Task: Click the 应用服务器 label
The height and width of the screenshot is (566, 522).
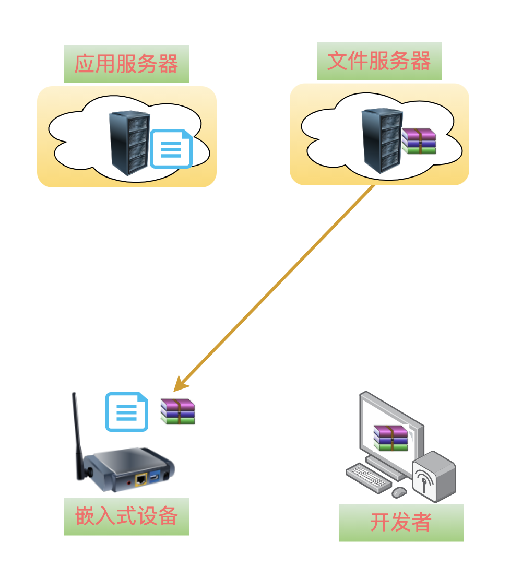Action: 126,64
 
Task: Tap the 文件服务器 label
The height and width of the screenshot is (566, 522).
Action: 379,61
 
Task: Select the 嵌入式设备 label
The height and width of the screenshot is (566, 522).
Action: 126,516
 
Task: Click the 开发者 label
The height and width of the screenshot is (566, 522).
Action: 401,522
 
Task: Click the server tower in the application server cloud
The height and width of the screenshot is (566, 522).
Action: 129,143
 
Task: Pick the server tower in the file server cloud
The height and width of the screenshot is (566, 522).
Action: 382,140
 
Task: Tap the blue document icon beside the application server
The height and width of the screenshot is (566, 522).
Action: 171,149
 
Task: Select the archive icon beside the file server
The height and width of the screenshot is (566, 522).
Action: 419,141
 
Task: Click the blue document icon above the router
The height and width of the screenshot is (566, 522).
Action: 127,412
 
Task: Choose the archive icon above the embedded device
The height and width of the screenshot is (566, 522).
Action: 177,411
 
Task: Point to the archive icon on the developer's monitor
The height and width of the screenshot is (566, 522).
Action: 390,438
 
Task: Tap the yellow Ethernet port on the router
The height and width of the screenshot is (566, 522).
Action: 140,478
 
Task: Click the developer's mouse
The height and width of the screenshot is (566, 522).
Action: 399,492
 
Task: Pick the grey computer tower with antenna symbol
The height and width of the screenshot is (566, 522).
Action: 434,476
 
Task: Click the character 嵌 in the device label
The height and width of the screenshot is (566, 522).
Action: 85,516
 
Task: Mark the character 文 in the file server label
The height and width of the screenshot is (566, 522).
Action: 337,61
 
